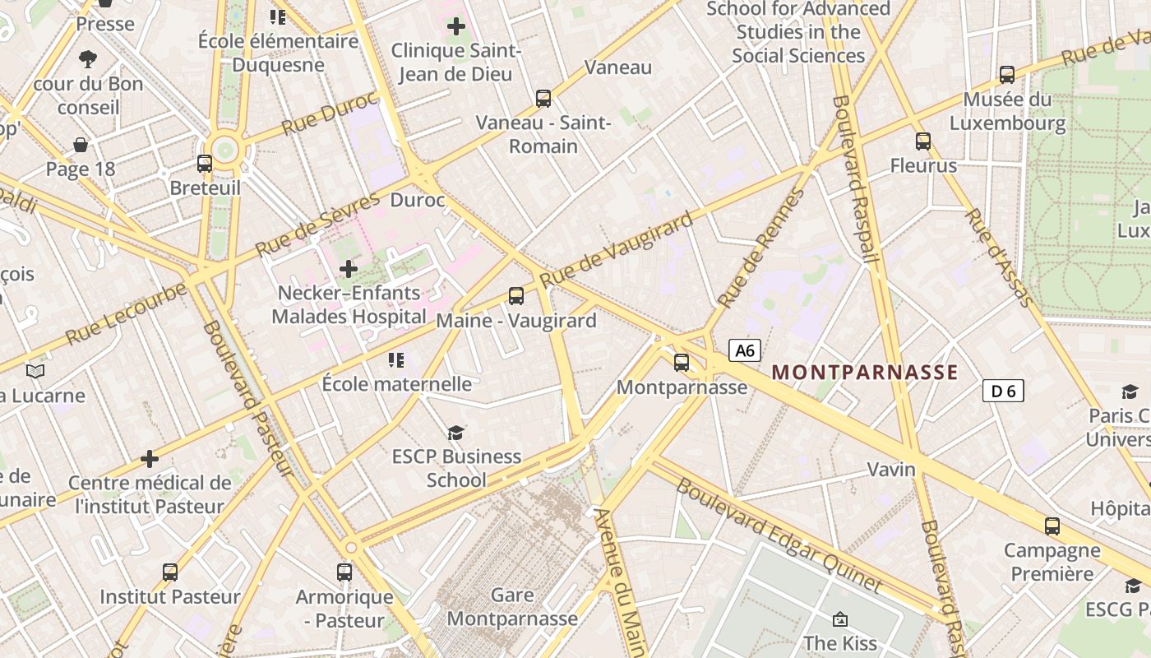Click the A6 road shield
pos(745,350)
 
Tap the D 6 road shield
pos(1003,391)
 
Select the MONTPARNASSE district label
pos(865,373)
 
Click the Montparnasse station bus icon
pos(682,362)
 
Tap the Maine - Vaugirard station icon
pos(516,296)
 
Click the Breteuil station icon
pos(205,164)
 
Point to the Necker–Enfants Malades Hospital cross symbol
pos(349,269)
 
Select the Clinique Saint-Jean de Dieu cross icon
pos(456,26)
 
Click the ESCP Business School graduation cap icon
pos(455,433)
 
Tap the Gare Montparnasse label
pos(511,606)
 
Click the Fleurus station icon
pos(923,141)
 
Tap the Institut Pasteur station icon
pos(170,572)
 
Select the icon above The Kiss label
pos(840,619)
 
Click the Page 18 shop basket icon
pos(81,146)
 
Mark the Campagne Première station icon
pos(1052,526)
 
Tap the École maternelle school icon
pos(396,360)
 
